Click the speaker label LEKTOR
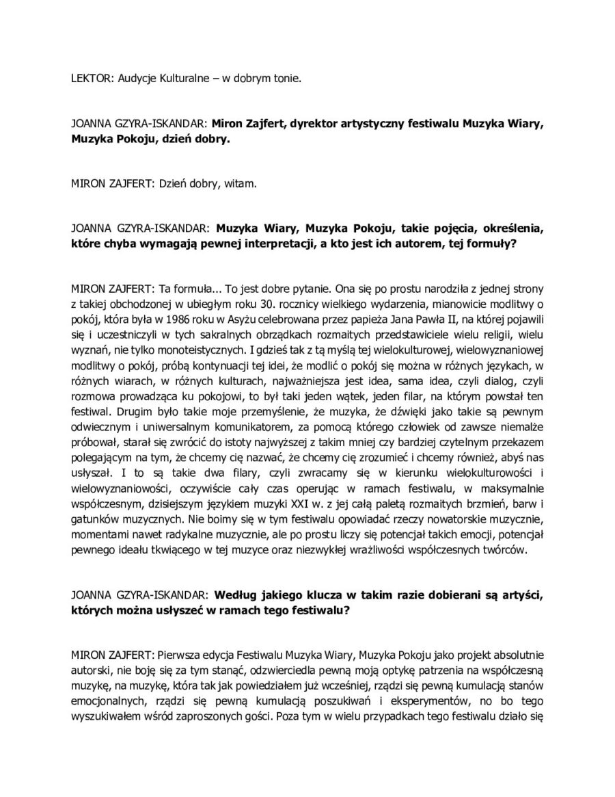click(x=90, y=79)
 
